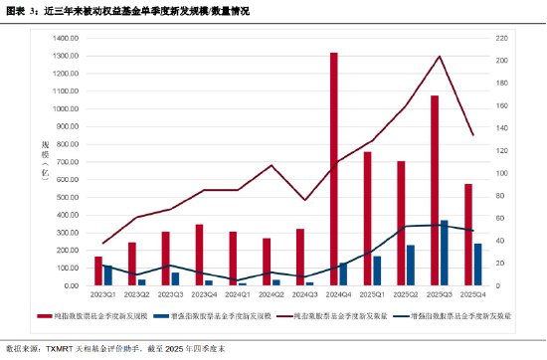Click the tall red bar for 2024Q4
click(333, 169)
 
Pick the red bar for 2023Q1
click(98, 270)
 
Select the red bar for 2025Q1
click(367, 219)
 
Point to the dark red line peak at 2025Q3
click(440, 57)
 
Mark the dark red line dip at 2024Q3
click(304, 200)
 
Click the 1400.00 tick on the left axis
click(65, 38)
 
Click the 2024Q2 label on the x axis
click(271, 294)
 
